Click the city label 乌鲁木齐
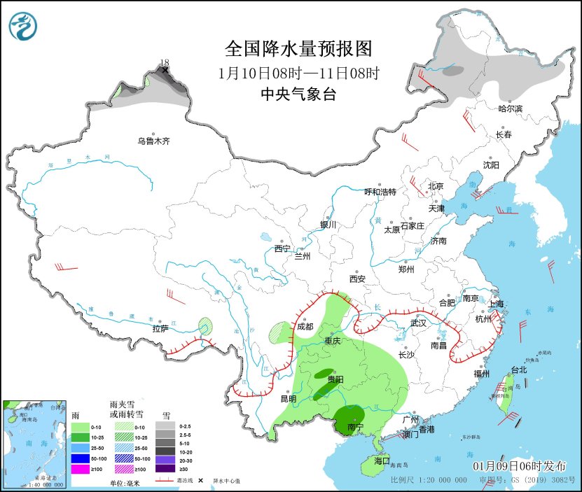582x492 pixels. pyautogui.click(x=153, y=141)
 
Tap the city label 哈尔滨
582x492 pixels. pyautogui.click(x=511, y=108)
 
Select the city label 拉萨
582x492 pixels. pyautogui.click(x=160, y=328)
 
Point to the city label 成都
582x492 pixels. pyautogui.click(x=305, y=325)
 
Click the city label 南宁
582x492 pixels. pyautogui.click(x=355, y=426)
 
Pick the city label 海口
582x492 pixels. pyautogui.click(x=382, y=461)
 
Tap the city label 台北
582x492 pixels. pyautogui.click(x=518, y=370)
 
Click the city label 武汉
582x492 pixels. pyautogui.click(x=418, y=323)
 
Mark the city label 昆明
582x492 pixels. pyautogui.click(x=289, y=399)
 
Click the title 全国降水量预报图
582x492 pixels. pyautogui.click(x=298, y=48)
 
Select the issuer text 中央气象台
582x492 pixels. pyautogui.click(x=298, y=94)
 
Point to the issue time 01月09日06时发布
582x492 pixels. pyautogui.click(x=520, y=466)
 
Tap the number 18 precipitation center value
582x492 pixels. pyautogui.click(x=165, y=62)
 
